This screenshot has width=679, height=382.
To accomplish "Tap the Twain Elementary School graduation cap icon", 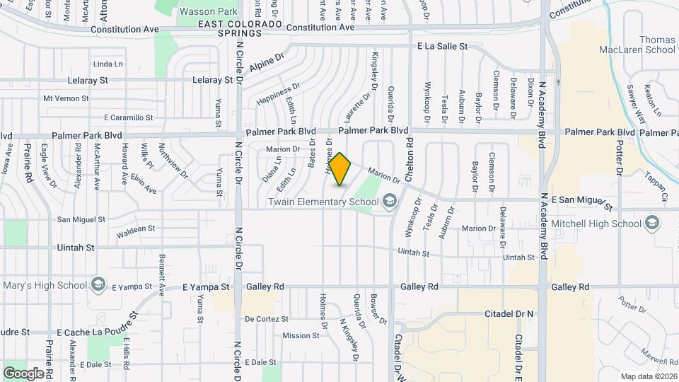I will click(x=388, y=202).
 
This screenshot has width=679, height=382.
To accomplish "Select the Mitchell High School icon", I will click(x=651, y=224).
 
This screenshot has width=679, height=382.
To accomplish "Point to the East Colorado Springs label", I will click(x=240, y=29).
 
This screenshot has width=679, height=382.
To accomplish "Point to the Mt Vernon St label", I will click(x=66, y=98).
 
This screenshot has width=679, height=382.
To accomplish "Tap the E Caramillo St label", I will click(x=128, y=117).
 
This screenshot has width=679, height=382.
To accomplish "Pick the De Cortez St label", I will click(x=267, y=319).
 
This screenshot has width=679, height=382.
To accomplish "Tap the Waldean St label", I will click(x=136, y=229).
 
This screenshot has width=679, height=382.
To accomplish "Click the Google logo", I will click(x=23, y=373).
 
